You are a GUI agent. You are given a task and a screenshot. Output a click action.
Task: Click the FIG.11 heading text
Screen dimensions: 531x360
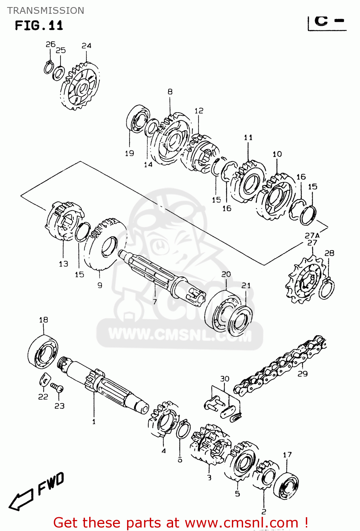(x=39, y=25)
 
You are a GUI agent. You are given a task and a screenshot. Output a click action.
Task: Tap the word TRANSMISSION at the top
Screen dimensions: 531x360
(x=46, y=11)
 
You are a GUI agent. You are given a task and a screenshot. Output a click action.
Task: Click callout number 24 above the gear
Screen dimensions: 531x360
(x=86, y=46)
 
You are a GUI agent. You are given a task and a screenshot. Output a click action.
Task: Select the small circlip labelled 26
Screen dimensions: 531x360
(x=48, y=67)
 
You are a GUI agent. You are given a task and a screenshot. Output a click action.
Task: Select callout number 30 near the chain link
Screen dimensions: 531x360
(x=225, y=379)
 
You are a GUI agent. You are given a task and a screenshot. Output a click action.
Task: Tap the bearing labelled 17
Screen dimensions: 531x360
(x=286, y=485)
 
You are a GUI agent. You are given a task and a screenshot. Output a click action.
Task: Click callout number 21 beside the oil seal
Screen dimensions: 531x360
(x=246, y=285)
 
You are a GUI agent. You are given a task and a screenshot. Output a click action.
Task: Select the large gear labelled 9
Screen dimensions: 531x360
(x=104, y=244)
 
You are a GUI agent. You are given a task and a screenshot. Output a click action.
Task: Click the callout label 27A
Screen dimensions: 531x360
(x=312, y=235)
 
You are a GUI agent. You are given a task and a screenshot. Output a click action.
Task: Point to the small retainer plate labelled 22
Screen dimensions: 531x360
(x=44, y=379)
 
